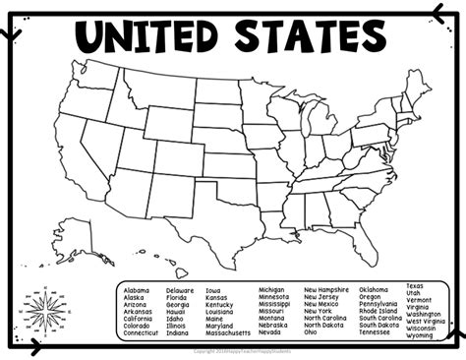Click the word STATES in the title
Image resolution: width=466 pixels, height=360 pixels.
[x=306, y=38]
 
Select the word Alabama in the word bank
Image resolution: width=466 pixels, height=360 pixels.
[x=138, y=291]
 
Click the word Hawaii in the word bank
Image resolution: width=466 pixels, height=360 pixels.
[x=178, y=312]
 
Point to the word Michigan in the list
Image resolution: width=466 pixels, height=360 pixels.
[x=271, y=291]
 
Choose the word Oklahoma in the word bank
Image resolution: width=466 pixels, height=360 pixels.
[x=374, y=290]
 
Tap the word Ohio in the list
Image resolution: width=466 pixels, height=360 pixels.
[x=311, y=332]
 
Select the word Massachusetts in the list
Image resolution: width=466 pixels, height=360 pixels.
[x=228, y=333]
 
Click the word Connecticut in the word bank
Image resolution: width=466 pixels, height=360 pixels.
[x=142, y=333]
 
